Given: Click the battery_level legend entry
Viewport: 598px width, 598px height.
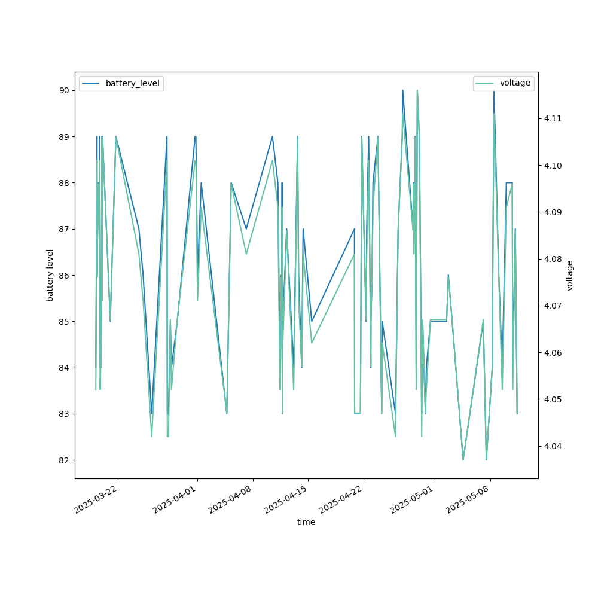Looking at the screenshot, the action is tap(121, 83).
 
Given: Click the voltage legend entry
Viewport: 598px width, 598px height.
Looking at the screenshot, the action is tap(504, 83).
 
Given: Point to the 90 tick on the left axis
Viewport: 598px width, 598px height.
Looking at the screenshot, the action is tap(64, 90).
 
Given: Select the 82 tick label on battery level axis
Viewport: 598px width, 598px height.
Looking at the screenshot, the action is tap(64, 460).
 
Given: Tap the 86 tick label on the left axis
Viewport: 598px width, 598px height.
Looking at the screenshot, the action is tap(64, 275).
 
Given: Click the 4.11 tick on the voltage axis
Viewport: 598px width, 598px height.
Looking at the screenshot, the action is tap(553, 118).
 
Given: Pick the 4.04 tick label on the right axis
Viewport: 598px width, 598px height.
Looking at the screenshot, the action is tap(553, 446).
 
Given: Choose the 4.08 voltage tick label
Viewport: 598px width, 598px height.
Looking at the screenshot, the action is tap(553, 259).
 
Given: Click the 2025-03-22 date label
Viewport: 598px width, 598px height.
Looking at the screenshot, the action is tap(95, 499).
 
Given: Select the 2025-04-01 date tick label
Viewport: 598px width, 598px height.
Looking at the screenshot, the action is tap(174, 499).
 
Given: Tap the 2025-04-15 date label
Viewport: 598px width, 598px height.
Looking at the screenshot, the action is tap(285, 499).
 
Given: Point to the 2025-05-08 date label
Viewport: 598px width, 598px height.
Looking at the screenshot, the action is tap(467, 499).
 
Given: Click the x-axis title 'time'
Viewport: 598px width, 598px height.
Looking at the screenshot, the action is tap(306, 522).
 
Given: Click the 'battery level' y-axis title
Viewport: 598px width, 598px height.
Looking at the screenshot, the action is tap(50, 275).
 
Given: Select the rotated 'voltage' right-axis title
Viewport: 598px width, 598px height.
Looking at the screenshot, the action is tap(569, 276).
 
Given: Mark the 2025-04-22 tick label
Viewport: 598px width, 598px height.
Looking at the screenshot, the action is tap(341, 499).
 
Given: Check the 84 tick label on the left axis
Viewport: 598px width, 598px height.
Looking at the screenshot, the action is tap(64, 368).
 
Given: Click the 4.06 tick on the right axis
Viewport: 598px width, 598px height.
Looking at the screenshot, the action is tap(553, 353).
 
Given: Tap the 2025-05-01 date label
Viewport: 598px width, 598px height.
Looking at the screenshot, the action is tap(411, 499).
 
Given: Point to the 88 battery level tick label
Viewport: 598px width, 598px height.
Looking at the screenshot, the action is tap(64, 183).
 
